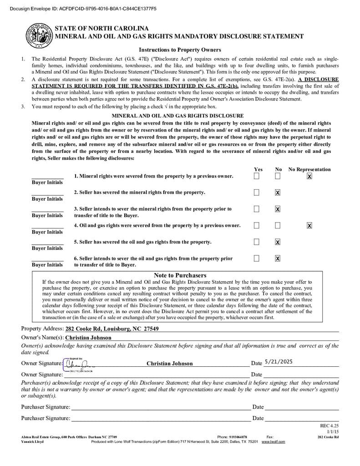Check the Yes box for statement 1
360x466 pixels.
point(257,176)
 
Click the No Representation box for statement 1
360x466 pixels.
point(309,176)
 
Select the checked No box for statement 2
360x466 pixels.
point(278,192)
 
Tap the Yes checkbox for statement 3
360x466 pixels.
point(257,209)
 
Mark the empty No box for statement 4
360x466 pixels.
point(278,225)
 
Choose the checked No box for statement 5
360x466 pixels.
point(278,242)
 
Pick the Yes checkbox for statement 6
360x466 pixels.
point(257,258)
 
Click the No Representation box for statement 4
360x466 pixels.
point(309,225)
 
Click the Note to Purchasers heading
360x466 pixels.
point(180,275)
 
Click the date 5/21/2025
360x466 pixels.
point(278,362)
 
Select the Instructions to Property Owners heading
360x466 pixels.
point(180,50)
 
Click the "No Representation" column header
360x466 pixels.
point(309,169)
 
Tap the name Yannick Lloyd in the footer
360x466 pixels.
point(33,441)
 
